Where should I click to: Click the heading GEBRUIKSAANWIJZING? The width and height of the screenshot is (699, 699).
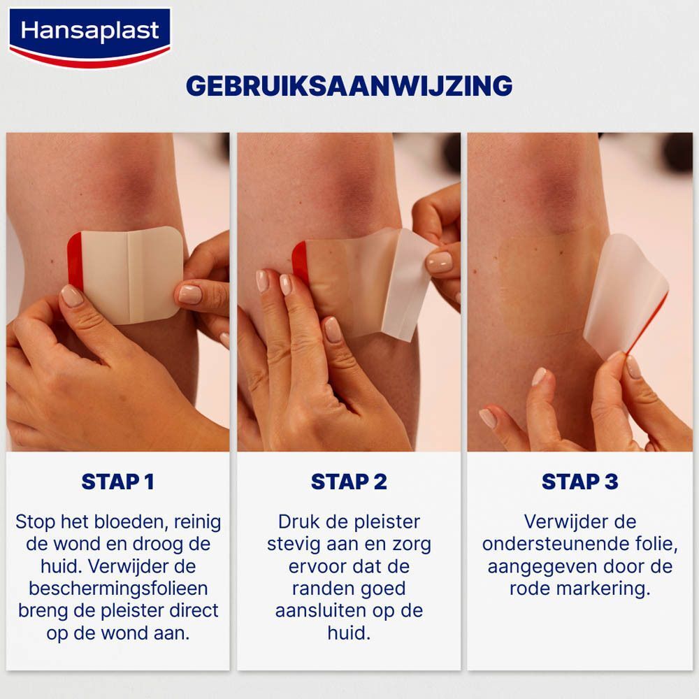coord(349,85)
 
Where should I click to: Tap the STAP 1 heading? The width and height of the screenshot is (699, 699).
coord(117,482)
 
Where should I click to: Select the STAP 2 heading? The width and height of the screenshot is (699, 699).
coord(349,482)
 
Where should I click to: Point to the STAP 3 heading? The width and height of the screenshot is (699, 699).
coord(579,482)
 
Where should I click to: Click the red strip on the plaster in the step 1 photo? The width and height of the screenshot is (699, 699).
coord(74,262)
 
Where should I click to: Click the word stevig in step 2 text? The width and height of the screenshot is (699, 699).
coord(299,544)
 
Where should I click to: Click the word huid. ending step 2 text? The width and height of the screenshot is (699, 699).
coord(349,633)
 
